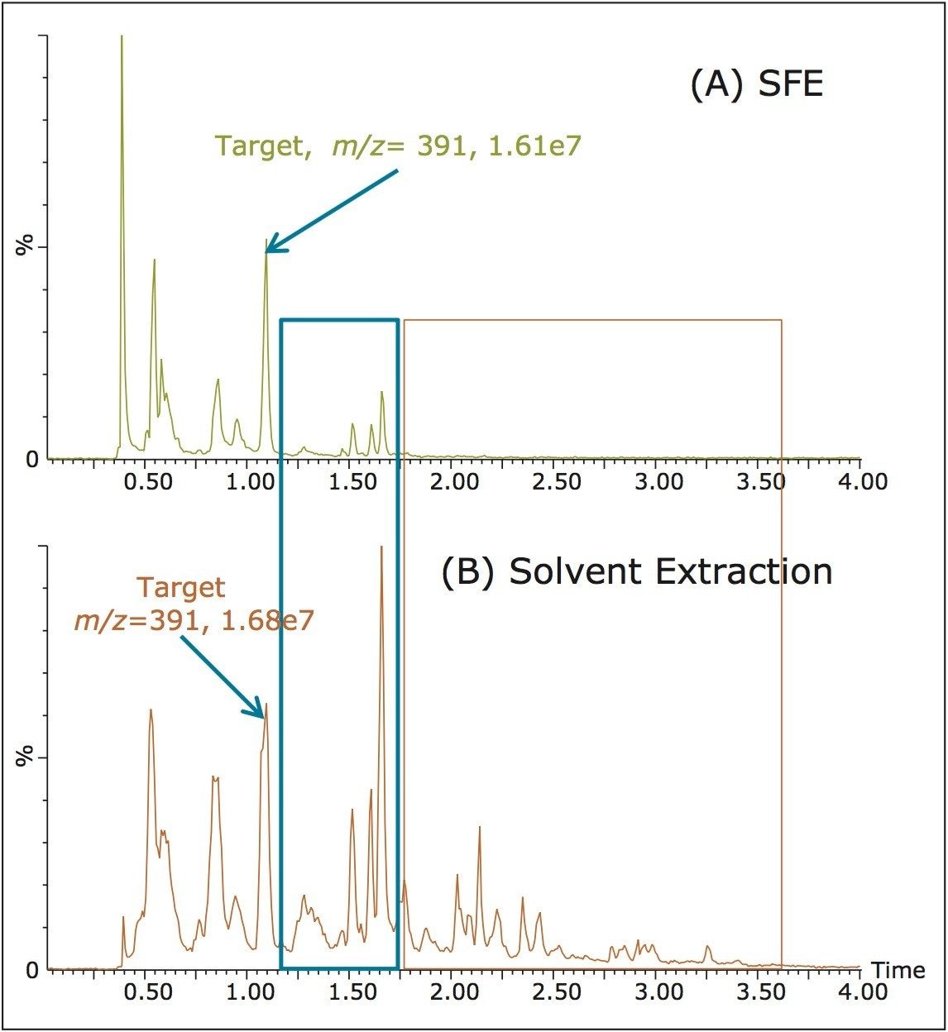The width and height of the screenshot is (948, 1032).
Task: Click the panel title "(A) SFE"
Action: (x=756, y=85)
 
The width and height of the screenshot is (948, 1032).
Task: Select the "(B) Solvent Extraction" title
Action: (x=637, y=572)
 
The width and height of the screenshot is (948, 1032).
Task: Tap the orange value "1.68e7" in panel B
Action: (x=268, y=621)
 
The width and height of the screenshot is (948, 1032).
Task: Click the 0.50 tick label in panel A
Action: (x=149, y=480)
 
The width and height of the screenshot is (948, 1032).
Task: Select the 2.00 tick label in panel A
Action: (x=454, y=480)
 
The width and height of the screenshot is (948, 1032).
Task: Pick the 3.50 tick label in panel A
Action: (x=759, y=480)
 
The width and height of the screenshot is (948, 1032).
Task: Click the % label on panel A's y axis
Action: (x=28, y=246)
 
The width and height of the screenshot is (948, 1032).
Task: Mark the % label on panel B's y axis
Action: (x=28, y=756)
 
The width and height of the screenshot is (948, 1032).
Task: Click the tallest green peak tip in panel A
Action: (x=122, y=37)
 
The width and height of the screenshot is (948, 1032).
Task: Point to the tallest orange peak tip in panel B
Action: (x=381, y=547)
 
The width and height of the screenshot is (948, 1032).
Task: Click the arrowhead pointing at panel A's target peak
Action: (x=271, y=248)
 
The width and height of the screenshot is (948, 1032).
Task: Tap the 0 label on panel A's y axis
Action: (x=32, y=459)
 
